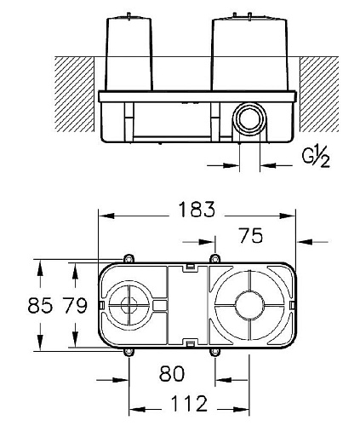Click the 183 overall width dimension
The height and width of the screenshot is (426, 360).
pos(197,208)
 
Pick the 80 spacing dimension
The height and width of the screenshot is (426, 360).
pos(172,371)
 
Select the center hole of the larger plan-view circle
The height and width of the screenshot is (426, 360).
pos(249,306)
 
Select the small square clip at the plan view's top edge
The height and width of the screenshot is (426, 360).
pos(191,267)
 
